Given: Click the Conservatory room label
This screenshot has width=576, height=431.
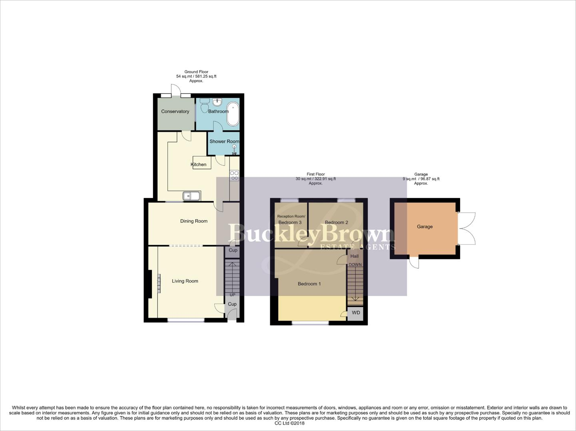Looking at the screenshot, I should (x=175, y=111).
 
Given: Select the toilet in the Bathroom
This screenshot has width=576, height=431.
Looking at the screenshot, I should (x=205, y=106).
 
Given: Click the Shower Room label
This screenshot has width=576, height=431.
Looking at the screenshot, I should (x=224, y=141).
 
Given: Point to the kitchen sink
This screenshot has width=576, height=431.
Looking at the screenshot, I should (x=191, y=196).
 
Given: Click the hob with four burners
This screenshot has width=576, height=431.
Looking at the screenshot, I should (x=234, y=176).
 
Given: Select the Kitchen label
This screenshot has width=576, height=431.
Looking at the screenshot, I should (x=198, y=164).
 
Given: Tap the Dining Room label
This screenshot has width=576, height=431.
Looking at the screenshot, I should (x=194, y=221).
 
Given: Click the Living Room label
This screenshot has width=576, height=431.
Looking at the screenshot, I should (x=185, y=281).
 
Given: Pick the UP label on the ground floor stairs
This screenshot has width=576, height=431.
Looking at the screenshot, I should (x=232, y=295).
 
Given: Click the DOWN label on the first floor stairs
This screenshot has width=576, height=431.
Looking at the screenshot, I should (x=355, y=265).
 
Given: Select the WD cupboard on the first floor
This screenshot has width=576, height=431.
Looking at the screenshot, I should (x=355, y=313).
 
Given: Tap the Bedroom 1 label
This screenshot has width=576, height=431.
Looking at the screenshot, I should (x=309, y=284).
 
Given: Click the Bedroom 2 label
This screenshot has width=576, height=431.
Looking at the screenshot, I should (x=336, y=222).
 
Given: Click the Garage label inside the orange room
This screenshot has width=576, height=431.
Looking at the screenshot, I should (x=425, y=227).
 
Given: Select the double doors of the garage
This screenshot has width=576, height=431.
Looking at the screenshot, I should (x=467, y=229).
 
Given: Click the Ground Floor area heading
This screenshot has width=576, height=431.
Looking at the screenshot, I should (x=196, y=72).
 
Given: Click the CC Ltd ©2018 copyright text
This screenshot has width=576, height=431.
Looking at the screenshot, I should (x=288, y=423).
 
